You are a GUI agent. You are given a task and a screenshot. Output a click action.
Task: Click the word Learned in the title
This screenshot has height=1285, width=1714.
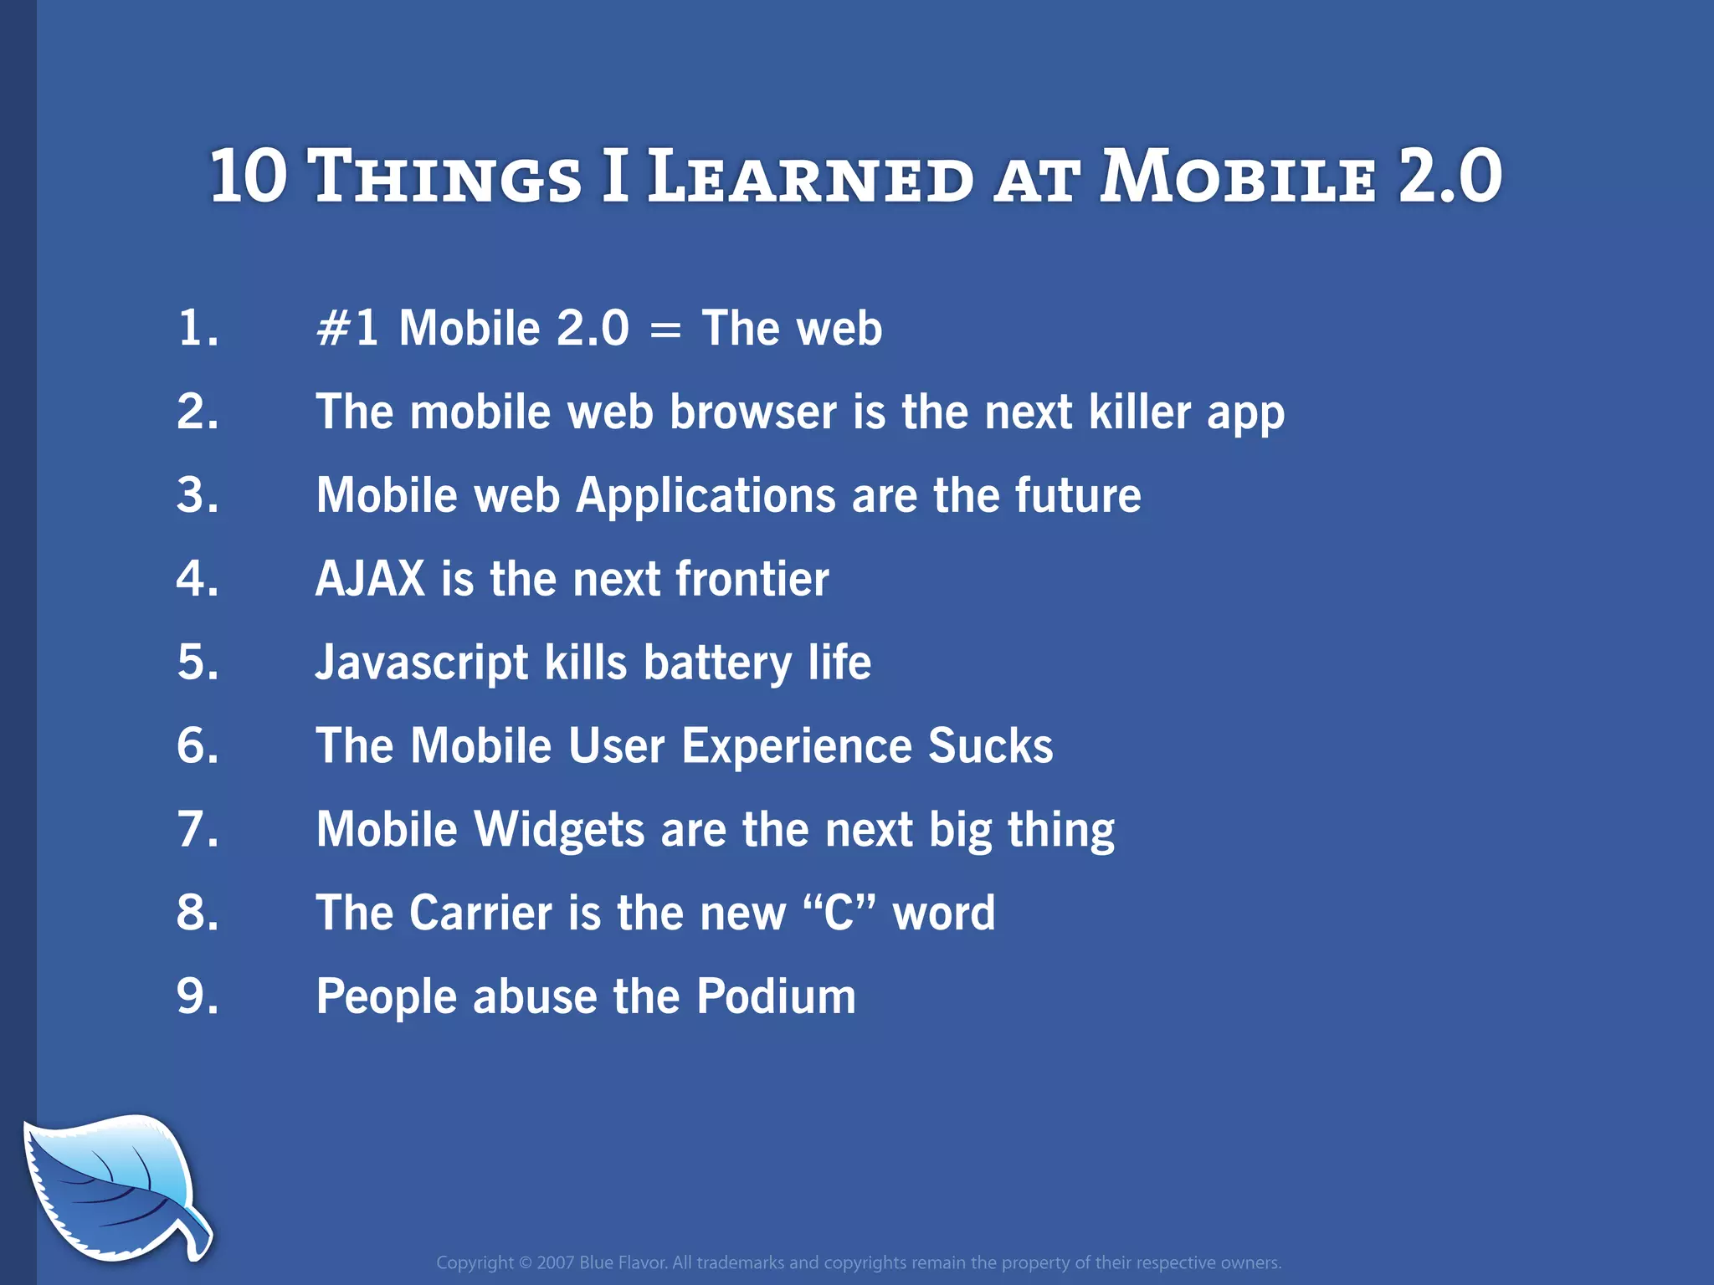[810, 177]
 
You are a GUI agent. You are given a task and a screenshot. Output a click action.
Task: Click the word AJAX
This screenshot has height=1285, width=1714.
[370, 579]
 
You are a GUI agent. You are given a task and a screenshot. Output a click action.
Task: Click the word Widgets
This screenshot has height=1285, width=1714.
[559, 830]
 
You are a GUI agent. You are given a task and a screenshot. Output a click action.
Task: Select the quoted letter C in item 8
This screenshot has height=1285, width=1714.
[839, 914]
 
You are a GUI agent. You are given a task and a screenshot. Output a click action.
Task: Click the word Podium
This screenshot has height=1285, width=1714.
[776, 997]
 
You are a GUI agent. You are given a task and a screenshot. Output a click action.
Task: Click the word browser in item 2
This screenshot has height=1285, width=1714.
[752, 412]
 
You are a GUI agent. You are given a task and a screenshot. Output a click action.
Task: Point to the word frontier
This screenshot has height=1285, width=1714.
[752, 579]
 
